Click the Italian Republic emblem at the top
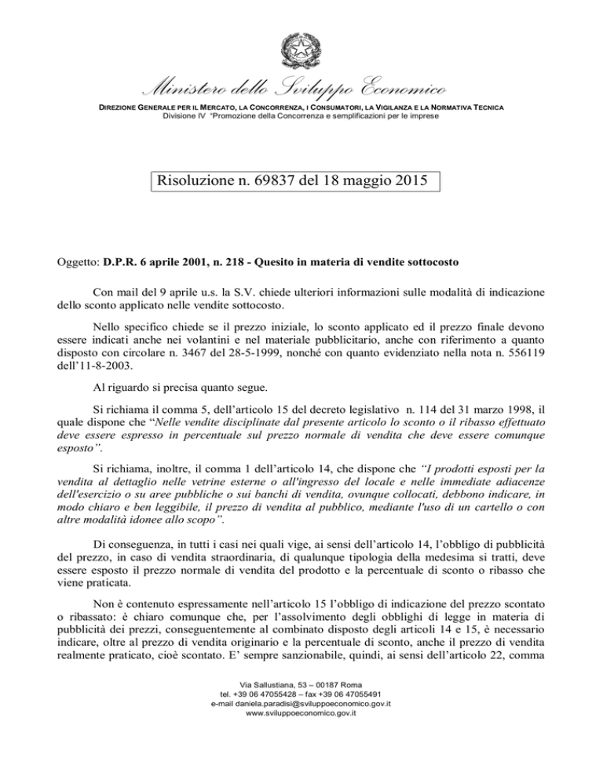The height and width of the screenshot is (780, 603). pyautogui.click(x=301, y=54)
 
